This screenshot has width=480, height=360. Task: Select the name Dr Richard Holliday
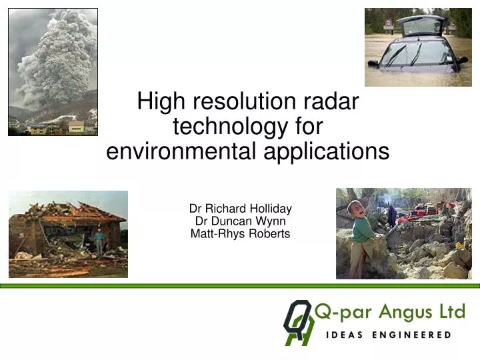point(241,208)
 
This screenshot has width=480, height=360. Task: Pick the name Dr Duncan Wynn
point(241,221)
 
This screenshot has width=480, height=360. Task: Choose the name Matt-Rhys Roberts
point(241,233)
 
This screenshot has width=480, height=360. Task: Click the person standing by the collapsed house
point(99,241)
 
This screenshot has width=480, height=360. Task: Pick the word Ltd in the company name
point(450,311)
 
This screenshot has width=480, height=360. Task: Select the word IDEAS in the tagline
point(345,335)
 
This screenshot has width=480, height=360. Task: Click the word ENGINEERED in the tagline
point(416,335)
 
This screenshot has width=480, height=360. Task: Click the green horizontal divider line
point(240,285)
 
